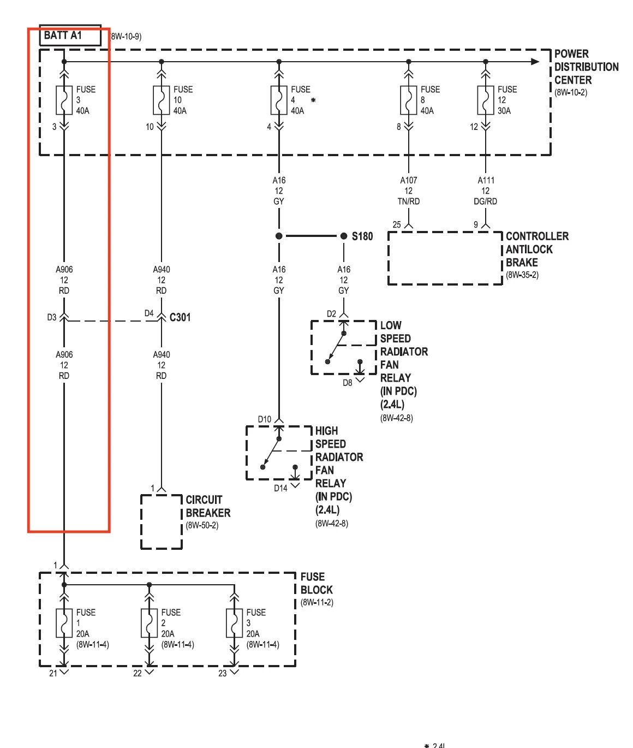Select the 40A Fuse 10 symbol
coord(162,100)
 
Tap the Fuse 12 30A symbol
coord(486,100)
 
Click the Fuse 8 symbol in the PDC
coord(408,100)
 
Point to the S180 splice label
coord(362,236)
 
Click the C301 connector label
coord(180,317)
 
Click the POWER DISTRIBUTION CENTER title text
coord(586,67)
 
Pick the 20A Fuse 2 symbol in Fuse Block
coord(149,623)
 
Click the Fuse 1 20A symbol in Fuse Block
coord(64,623)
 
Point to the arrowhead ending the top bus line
coord(535,62)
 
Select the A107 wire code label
coord(408,180)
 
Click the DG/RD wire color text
coord(486,201)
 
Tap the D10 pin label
coord(265,419)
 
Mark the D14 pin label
coord(280,488)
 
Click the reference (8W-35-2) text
coord(522,275)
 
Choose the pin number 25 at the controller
coord(397,225)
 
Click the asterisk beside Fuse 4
coord(313,100)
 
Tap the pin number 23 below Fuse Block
coord(223,673)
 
